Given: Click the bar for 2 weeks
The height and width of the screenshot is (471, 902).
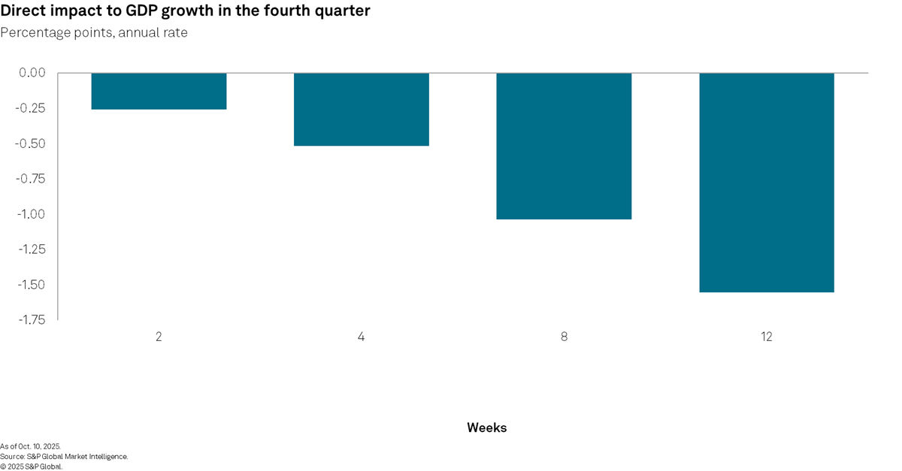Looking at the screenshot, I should [159, 91].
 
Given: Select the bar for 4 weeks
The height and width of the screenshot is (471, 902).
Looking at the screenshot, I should [362, 109].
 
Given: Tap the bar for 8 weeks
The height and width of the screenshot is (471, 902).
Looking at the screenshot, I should [564, 146].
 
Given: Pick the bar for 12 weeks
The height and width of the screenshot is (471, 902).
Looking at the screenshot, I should [767, 182].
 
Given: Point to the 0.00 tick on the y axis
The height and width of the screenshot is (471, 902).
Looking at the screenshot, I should [32, 73].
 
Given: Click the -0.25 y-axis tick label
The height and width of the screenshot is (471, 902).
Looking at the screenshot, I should [31, 108].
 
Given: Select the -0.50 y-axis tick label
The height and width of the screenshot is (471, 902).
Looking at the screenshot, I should [31, 143].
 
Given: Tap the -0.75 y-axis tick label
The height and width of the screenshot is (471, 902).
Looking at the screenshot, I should [31, 179].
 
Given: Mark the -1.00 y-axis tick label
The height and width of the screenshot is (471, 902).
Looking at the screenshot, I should [31, 214].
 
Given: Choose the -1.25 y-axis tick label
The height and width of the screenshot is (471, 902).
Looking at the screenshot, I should [31, 249].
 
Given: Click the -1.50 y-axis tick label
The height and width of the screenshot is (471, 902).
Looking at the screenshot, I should [31, 285].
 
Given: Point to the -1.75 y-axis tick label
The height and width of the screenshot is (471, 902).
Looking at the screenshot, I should [31, 320].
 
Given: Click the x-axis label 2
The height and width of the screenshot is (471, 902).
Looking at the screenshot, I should [159, 337].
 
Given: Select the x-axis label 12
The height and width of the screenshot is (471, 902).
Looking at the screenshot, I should [767, 337].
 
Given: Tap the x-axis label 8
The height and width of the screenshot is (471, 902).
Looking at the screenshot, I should [564, 337].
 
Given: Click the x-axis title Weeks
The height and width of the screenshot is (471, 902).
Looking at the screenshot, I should [486, 427].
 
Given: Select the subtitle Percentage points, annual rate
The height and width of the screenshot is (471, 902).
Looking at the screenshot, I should [94, 32].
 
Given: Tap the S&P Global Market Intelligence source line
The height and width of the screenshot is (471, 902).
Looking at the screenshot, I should [64, 456].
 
